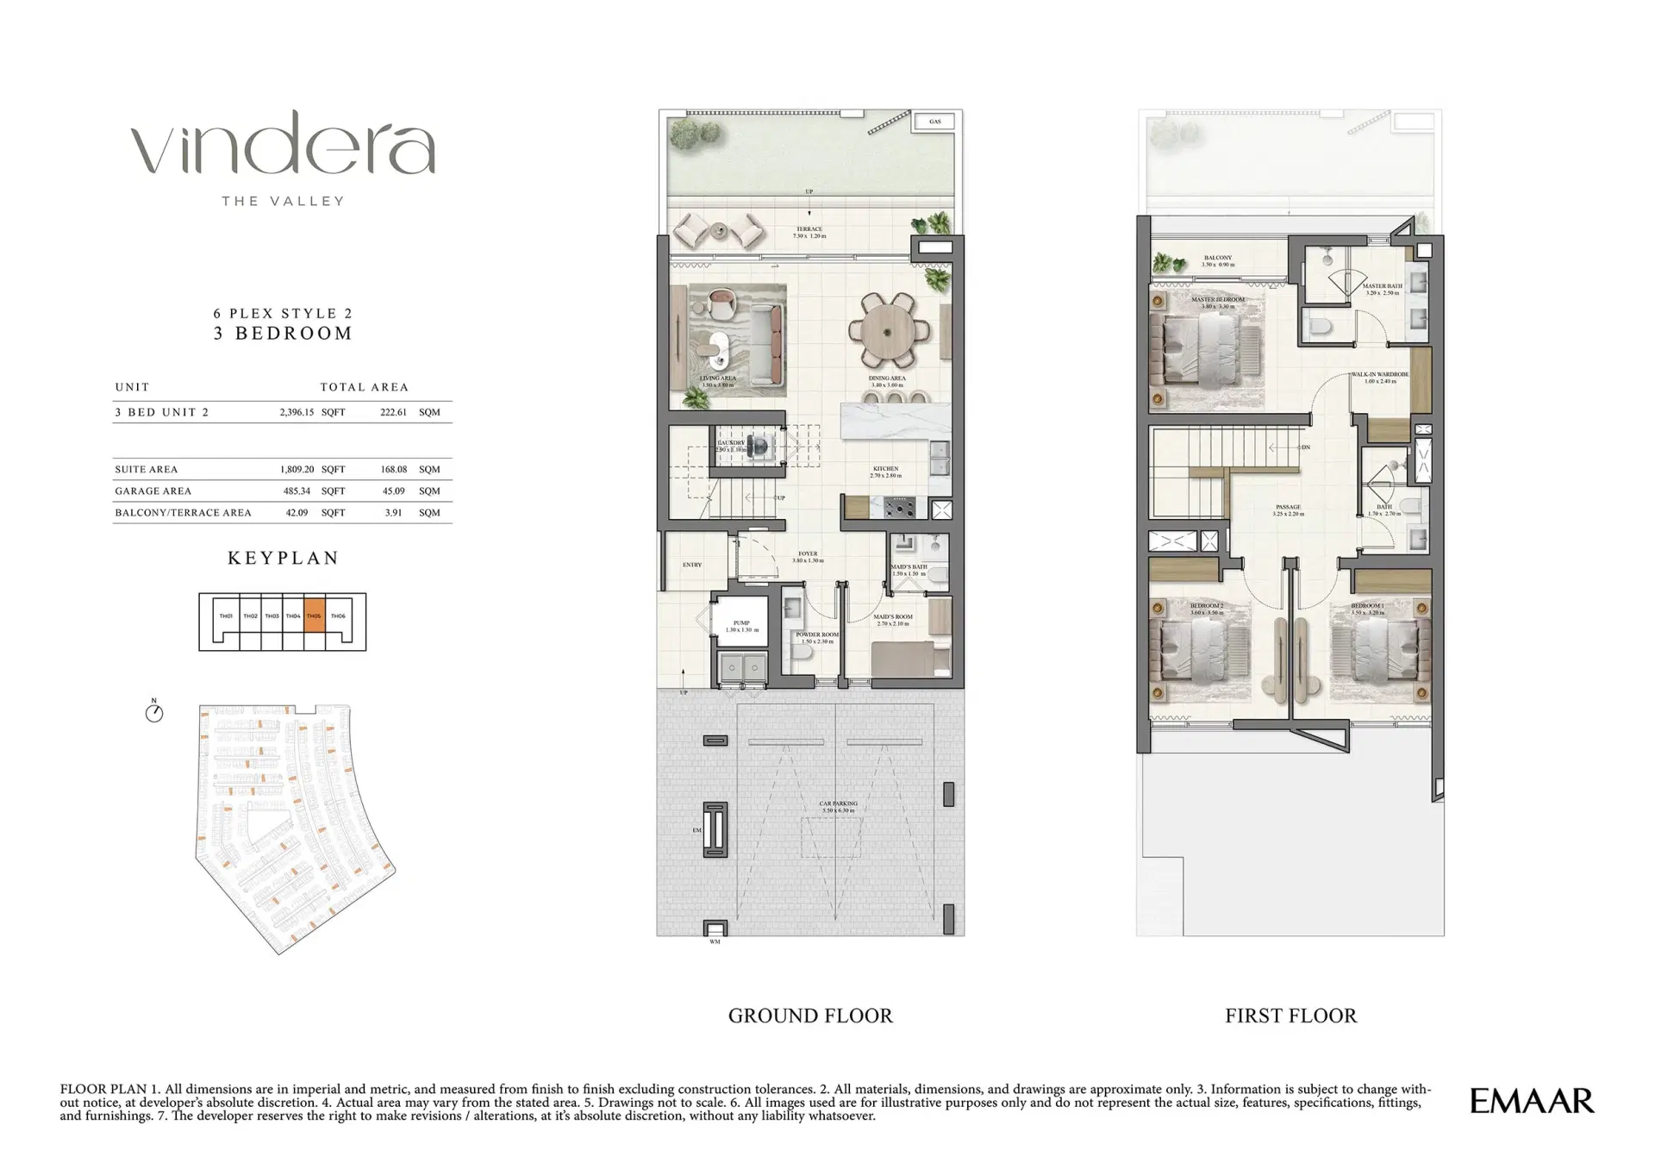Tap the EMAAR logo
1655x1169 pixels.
coord(1532,1101)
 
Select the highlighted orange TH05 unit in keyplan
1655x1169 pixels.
coord(315,616)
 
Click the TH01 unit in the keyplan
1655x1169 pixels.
coord(226,616)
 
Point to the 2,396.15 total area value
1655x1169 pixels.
coord(297,412)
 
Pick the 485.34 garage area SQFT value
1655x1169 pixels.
coord(297,491)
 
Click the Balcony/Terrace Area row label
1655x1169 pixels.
coord(183,512)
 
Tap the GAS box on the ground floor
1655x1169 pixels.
coord(935,122)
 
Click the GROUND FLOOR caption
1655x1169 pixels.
coord(810,1016)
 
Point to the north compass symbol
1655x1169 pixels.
coord(154,712)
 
